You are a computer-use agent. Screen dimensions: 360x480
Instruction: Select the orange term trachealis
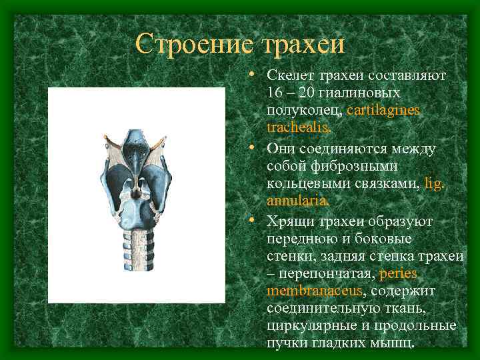(x=296, y=126)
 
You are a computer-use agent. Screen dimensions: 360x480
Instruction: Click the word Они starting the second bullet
(x=280, y=147)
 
